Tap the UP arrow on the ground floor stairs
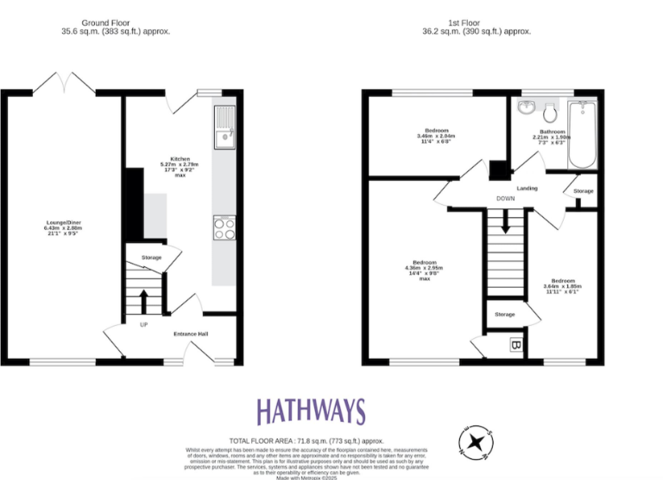pyautogui.click(x=143, y=303)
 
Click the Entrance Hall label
pyautogui.click(x=191, y=334)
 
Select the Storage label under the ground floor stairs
pyautogui.click(x=152, y=258)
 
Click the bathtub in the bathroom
pyautogui.click(x=584, y=135)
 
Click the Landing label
pyautogui.click(x=527, y=188)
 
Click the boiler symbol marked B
pyautogui.click(x=516, y=345)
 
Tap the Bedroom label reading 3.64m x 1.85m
pyautogui.click(x=563, y=285)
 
